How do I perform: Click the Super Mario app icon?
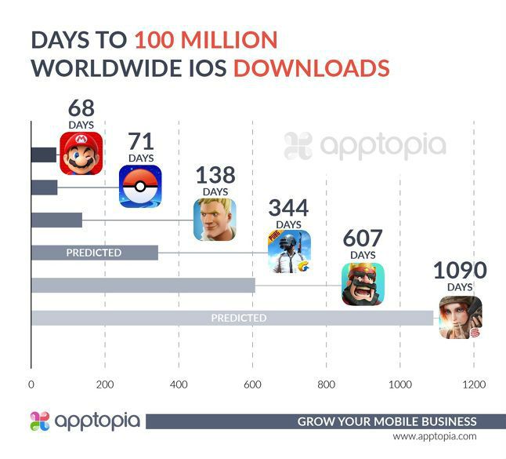click(81, 154)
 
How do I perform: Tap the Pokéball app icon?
click(141, 186)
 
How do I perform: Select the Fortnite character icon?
click(215, 220)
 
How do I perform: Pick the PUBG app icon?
click(289, 252)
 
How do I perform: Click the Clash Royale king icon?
click(363, 284)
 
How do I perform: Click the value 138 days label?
click(215, 174)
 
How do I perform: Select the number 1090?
click(460, 271)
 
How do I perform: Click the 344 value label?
click(288, 208)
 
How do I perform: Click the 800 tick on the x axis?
click(327, 384)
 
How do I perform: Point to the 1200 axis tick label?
click(474, 384)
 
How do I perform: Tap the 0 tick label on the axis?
click(31, 384)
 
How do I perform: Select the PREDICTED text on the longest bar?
click(238, 318)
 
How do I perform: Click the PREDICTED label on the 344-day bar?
click(93, 253)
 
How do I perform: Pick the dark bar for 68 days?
click(44, 155)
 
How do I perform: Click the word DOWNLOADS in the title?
click(312, 67)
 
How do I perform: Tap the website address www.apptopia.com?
click(435, 436)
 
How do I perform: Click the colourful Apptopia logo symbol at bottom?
click(40, 421)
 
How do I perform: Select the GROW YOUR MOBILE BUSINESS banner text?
click(386, 421)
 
